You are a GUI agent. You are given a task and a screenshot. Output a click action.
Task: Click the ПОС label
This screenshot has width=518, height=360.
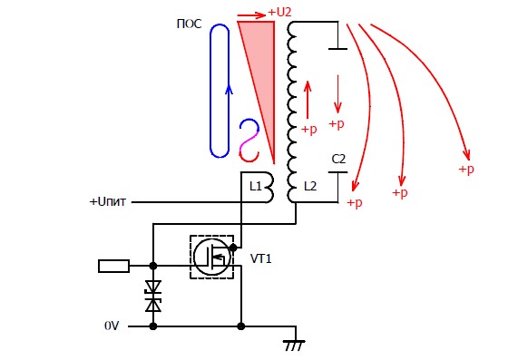point(189,24)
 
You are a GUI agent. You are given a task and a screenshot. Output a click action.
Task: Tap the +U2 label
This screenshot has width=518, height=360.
point(279,12)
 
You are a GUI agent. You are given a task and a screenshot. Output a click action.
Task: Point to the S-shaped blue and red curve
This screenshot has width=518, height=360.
point(249,141)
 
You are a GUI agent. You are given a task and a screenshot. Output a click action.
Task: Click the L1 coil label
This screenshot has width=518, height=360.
point(255,187)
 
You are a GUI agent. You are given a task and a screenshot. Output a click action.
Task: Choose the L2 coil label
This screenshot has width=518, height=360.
point(310,187)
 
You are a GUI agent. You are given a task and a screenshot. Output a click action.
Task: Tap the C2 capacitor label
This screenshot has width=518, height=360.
point(338,160)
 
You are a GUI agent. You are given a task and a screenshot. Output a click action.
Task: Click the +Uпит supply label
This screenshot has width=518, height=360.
point(108,201)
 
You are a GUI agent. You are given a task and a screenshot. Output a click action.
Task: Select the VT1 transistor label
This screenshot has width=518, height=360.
point(261,258)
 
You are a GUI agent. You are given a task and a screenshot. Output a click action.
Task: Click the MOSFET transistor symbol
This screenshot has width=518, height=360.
point(211,257)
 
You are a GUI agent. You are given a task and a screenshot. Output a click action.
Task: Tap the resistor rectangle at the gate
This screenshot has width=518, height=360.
point(113,266)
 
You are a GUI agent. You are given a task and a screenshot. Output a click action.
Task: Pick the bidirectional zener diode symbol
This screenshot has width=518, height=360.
point(153,296)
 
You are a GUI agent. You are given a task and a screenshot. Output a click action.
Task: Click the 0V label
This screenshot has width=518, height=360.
point(112,326)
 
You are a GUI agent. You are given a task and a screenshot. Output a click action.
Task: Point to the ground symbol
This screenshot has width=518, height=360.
point(294,345)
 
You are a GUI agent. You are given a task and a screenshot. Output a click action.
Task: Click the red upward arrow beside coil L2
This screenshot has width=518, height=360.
point(308,100)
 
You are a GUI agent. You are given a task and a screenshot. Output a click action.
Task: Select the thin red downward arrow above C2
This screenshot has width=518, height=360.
point(337,94)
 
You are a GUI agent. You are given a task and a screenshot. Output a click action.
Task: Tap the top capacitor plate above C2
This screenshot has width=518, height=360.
point(337,49)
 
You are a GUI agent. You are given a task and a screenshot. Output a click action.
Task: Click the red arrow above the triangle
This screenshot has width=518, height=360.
point(251,15)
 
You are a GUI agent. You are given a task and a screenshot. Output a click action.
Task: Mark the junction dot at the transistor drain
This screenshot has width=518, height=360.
point(233,248)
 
